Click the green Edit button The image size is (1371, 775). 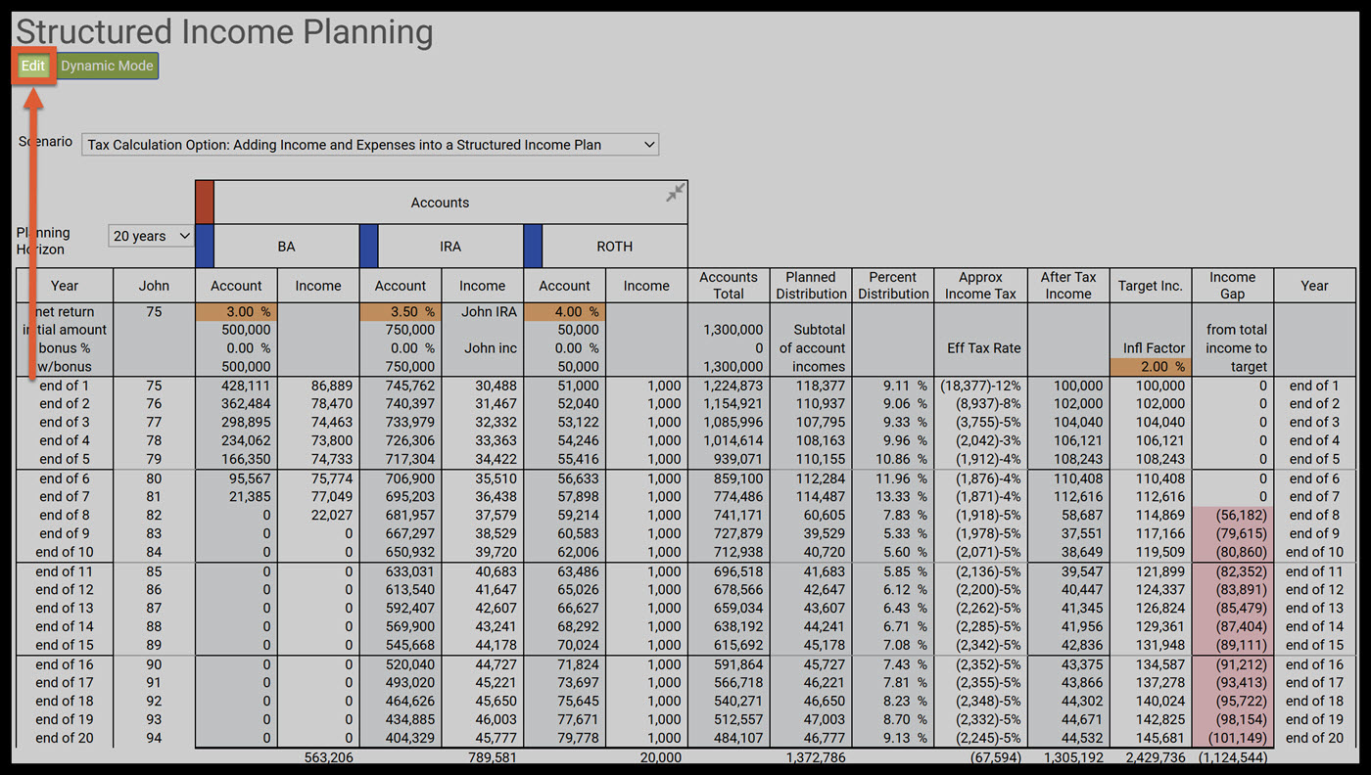(x=33, y=66)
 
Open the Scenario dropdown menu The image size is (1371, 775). (x=370, y=145)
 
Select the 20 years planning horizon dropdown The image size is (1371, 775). (x=152, y=236)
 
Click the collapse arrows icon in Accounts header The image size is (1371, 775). (x=675, y=193)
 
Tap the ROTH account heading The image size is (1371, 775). (x=614, y=247)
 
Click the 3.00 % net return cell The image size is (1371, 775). (x=236, y=311)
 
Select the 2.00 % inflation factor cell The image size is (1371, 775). (x=1151, y=367)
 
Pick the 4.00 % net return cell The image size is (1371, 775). (x=564, y=311)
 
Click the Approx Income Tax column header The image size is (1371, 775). (x=980, y=286)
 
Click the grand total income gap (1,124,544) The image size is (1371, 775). (x=1232, y=757)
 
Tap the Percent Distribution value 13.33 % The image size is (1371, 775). (x=892, y=496)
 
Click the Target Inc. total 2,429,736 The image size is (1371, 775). (x=1151, y=757)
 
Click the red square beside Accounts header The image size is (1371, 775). (x=205, y=202)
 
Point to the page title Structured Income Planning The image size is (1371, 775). (x=224, y=31)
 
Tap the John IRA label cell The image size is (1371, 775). (x=483, y=311)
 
